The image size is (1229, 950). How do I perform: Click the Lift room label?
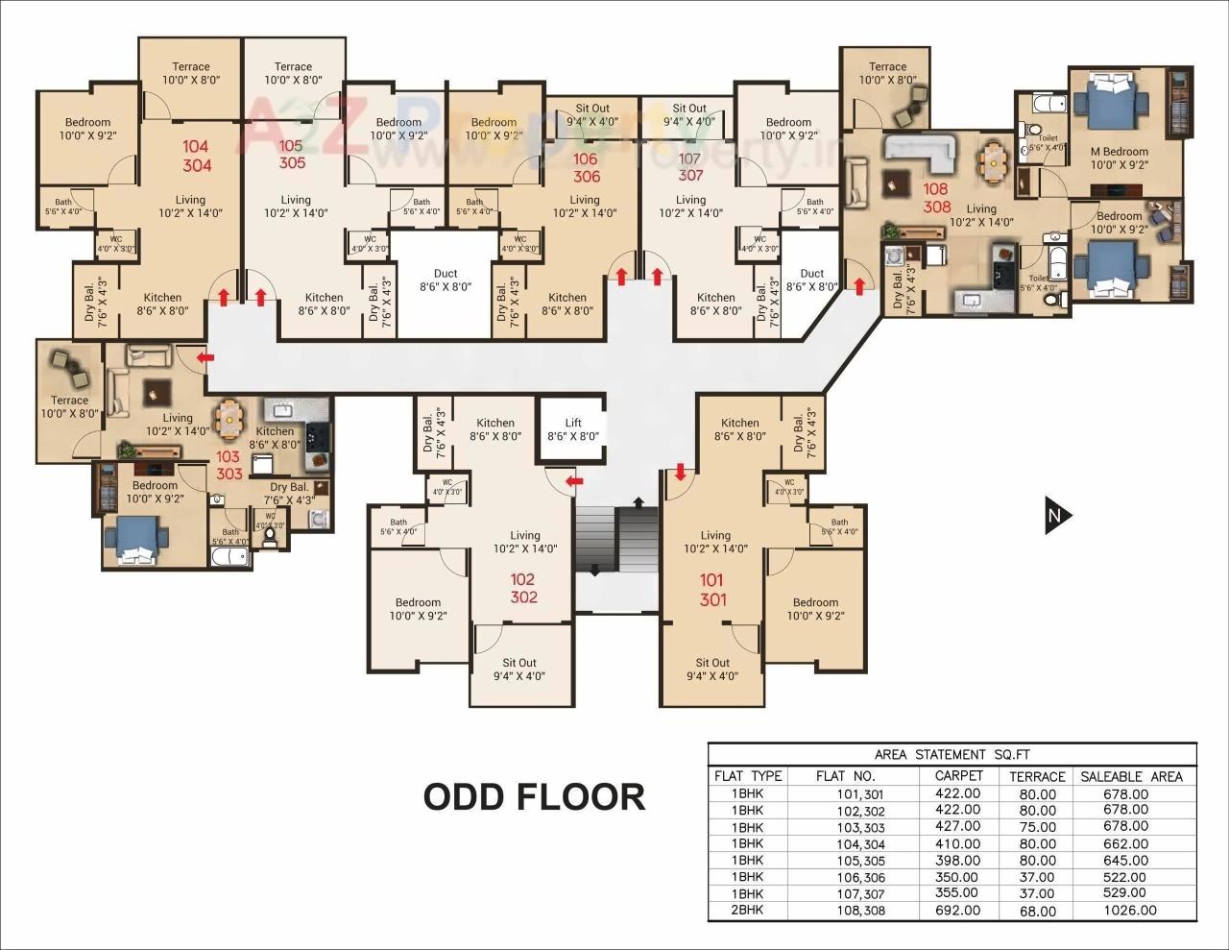point(572,428)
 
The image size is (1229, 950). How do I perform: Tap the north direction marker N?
point(1056,516)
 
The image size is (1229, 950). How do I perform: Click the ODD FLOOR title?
point(534,796)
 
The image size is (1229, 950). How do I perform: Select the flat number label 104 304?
point(196,156)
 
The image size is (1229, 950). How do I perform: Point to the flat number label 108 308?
point(936,198)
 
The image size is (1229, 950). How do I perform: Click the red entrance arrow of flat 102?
point(574,480)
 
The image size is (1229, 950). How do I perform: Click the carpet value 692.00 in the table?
point(957,910)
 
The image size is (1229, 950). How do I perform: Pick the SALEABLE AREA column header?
point(1131,776)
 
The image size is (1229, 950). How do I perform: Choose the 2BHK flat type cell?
point(747,910)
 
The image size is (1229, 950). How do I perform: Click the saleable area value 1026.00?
point(1130,910)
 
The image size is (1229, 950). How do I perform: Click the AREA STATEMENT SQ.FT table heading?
point(952,754)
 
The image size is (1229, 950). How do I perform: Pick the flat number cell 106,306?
point(859,877)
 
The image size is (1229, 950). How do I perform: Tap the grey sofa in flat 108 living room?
point(919,148)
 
